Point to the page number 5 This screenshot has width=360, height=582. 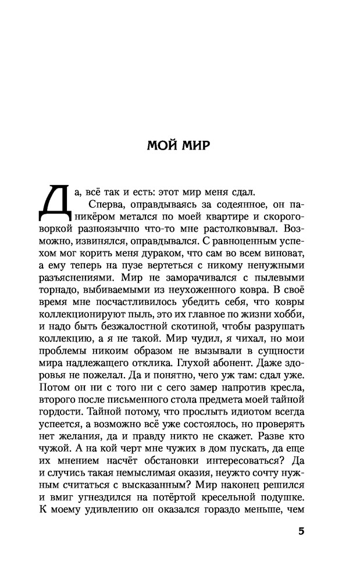[301, 532]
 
